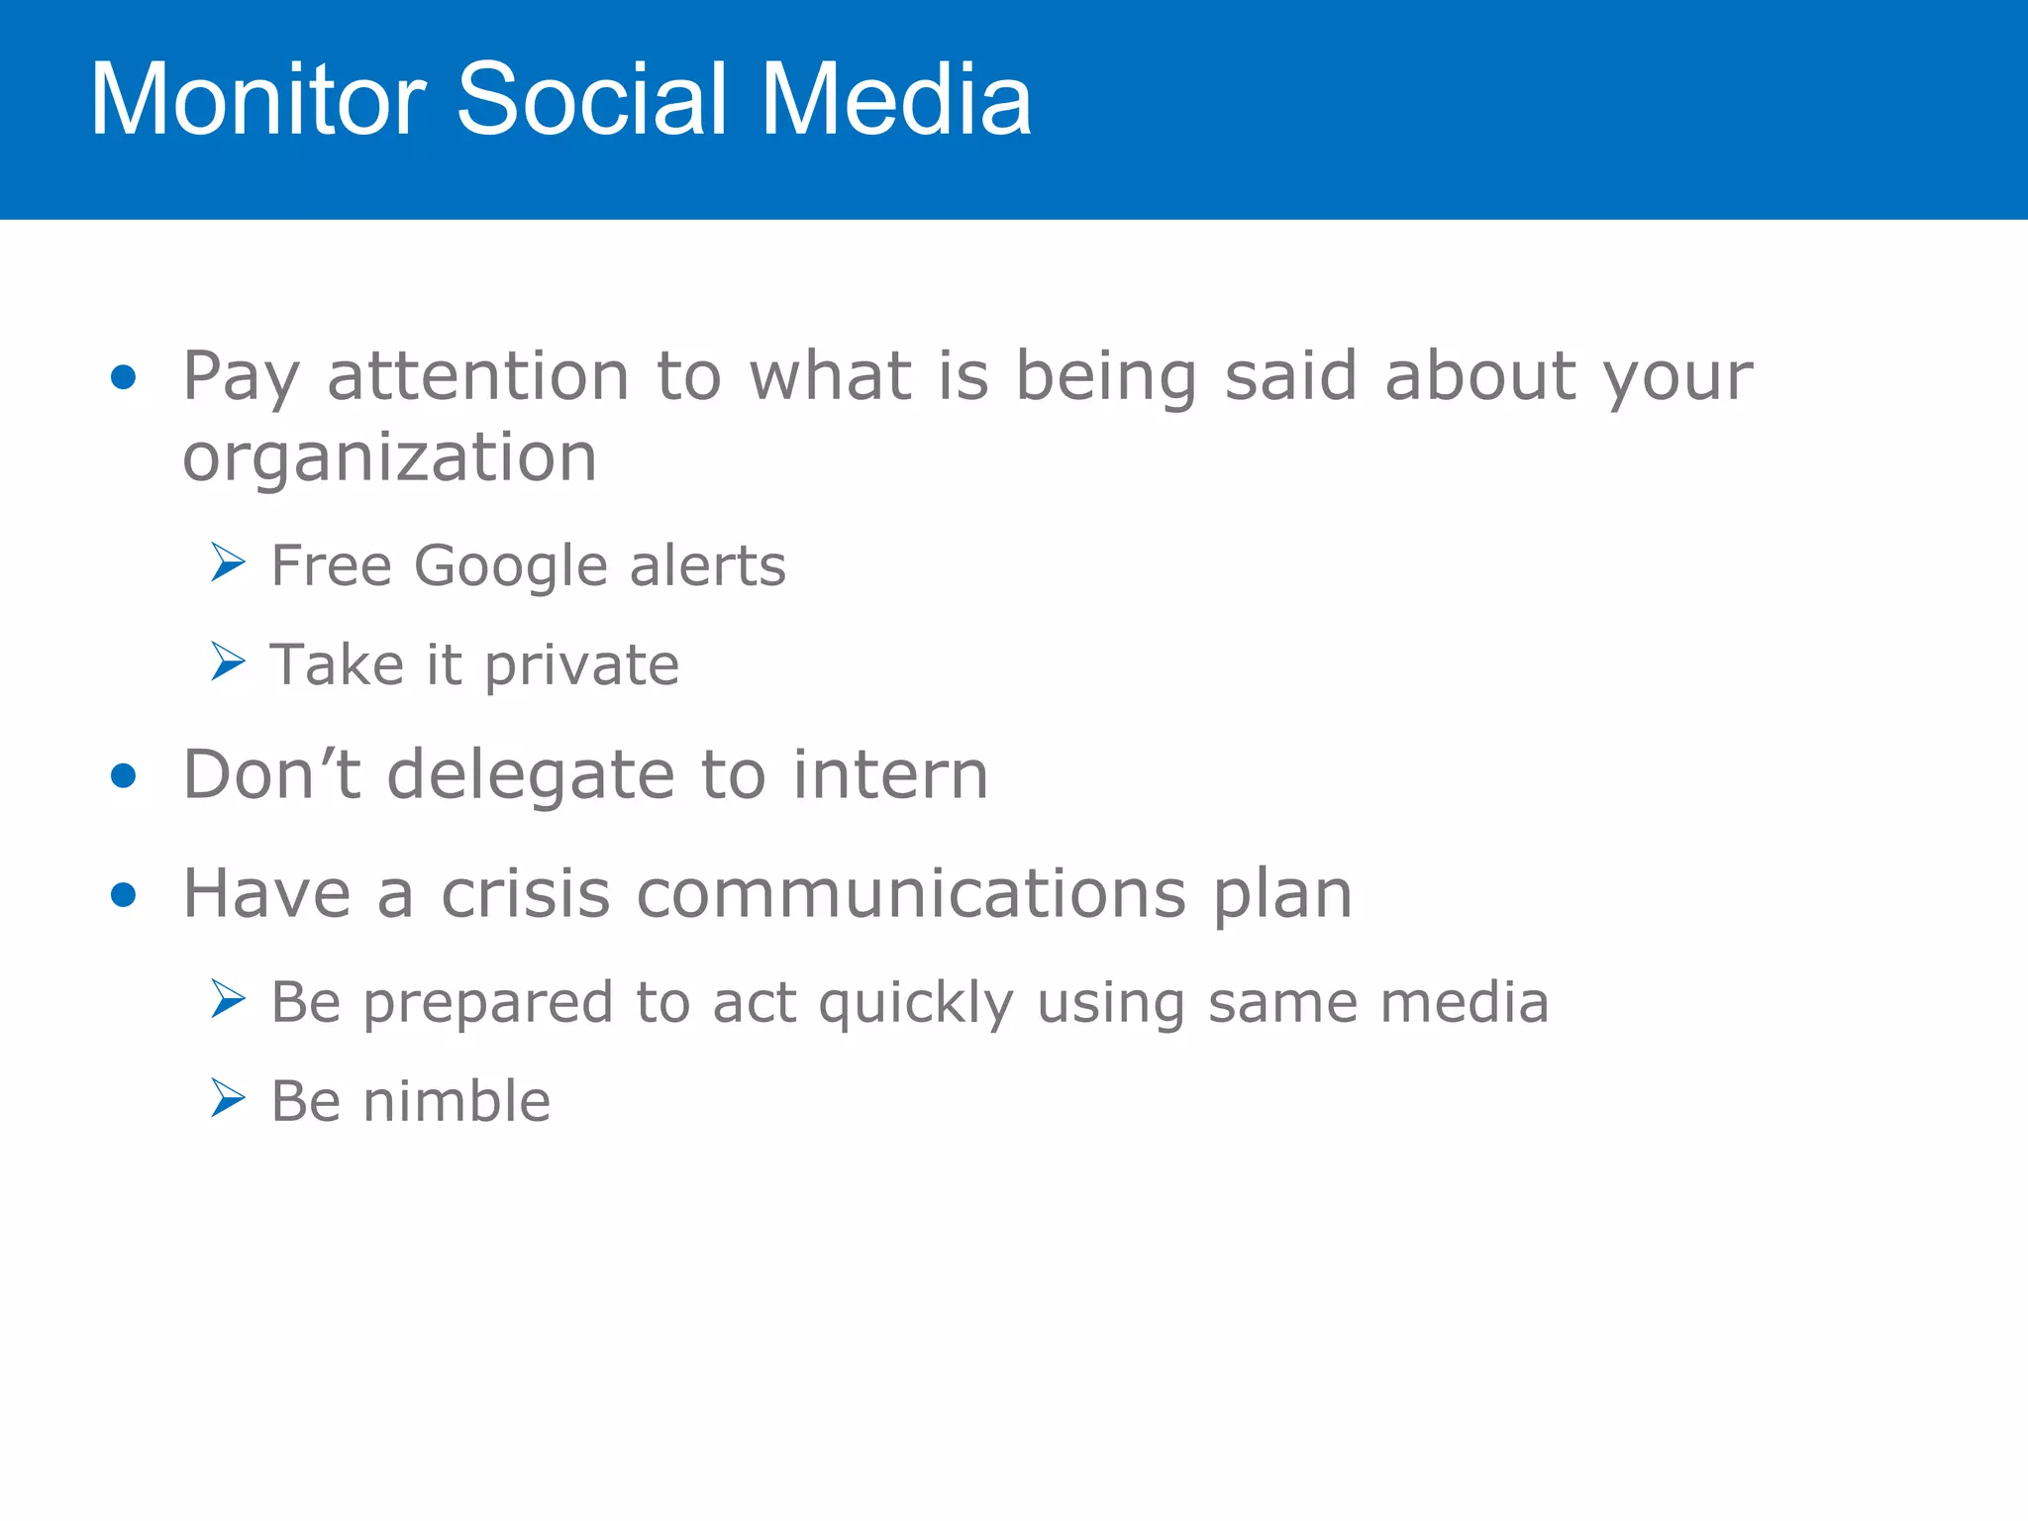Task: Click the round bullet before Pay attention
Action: (123, 377)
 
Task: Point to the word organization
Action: (389, 458)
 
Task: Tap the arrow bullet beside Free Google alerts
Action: (228, 562)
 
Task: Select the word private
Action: (582, 665)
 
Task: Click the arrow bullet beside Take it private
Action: (228, 661)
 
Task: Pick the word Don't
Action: (271, 774)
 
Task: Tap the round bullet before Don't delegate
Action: (123, 776)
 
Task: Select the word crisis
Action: (525, 894)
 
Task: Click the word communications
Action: (911, 894)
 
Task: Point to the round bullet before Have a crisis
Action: (123, 896)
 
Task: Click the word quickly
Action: (916, 1003)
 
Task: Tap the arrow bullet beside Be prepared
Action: (228, 999)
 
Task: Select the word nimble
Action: (456, 1102)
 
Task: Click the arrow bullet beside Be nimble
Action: (228, 1098)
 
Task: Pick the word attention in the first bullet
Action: (478, 377)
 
